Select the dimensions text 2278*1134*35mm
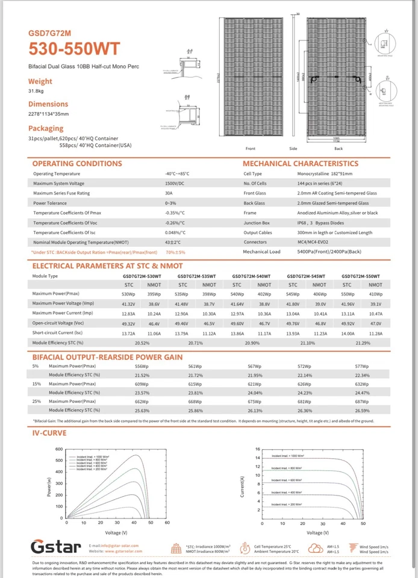(49, 114)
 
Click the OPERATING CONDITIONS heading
(76, 164)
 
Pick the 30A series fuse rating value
(169, 193)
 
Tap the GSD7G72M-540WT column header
(251, 276)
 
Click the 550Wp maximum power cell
(348, 294)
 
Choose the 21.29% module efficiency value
(363, 343)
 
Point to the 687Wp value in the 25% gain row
(362, 401)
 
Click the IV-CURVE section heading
(49, 433)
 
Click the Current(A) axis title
(242, 486)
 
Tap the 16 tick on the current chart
(257, 449)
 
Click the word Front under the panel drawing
(251, 148)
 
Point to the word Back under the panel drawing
(338, 148)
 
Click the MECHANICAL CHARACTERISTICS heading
(300, 164)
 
